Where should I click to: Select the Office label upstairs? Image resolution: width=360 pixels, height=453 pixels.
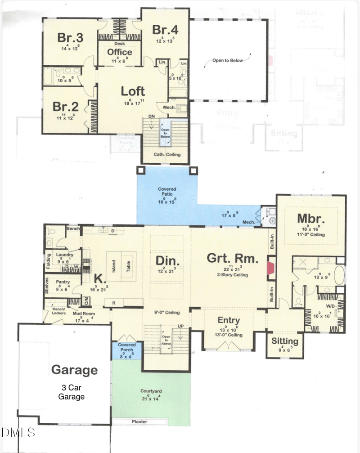click(x=119, y=52)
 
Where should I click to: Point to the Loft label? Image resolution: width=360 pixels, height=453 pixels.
click(x=133, y=91)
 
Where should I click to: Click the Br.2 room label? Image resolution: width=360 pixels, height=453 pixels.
click(x=66, y=107)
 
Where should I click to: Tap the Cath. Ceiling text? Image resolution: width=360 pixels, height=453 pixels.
click(x=167, y=155)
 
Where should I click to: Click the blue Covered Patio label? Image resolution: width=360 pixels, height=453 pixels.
click(x=167, y=189)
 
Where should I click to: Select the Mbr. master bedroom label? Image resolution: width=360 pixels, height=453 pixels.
click(x=311, y=218)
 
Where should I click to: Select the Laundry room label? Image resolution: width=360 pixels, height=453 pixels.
click(x=64, y=255)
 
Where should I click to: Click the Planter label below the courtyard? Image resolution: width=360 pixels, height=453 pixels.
click(x=139, y=422)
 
